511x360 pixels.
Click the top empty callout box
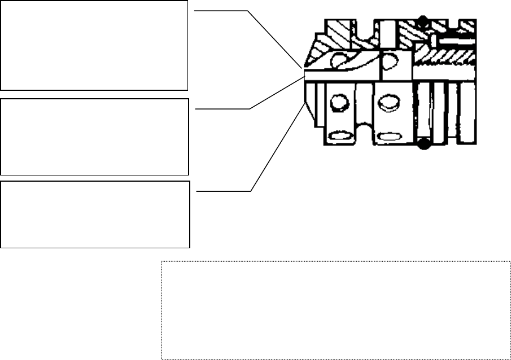click(94, 45)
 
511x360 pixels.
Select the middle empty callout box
click(94, 137)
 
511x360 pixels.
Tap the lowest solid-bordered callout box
click(95, 214)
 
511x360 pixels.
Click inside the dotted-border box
click(335, 310)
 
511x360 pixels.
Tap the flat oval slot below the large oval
click(388, 137)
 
